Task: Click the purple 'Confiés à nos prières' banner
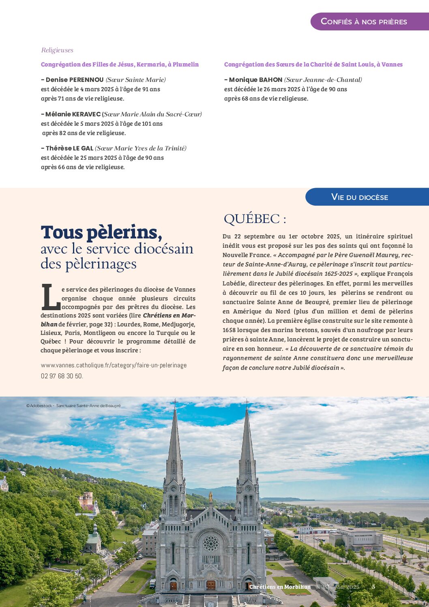click(364, 21)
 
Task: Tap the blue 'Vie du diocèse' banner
click(360, 197)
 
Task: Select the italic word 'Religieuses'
click(57, 50)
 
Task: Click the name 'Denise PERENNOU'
click(75, 80)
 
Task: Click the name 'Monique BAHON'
click(255, 80)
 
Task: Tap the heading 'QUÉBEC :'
click(255, 219)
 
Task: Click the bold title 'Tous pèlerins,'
click(101, 232)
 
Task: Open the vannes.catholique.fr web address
click(114, 365)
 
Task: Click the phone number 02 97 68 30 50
click(62, 376)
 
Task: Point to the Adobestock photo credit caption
click(73, 406)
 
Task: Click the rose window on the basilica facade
click(211, 543)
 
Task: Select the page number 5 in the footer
click(373, 587)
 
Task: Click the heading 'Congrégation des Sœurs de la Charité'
click(313, 64)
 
